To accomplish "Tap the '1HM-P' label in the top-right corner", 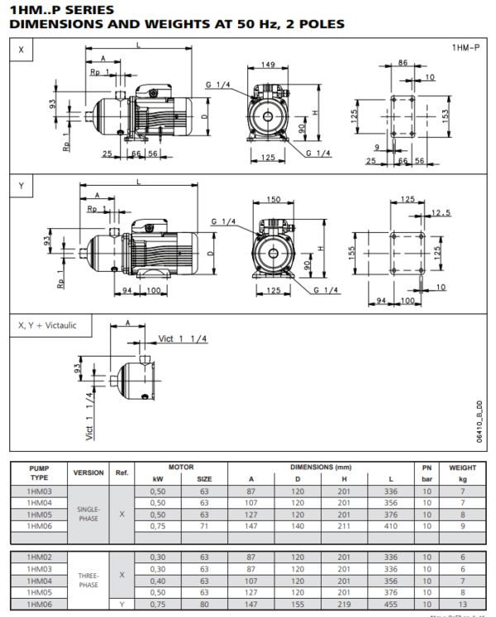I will click(x=465, y=49).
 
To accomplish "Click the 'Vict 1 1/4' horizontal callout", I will click(x=183, y=339).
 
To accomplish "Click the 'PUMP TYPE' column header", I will click(x=40, y=472).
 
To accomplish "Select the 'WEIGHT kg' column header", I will click(x=463, y=472).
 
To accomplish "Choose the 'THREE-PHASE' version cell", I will click(x=88, y=579).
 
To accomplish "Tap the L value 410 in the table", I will click(x=391, y=525).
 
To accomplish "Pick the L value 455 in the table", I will click(x=391, y=603).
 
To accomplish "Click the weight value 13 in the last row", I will click(x=463, y=603).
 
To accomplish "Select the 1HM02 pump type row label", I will click(x=40, y=557).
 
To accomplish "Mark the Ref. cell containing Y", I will click(x=122, y=603).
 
